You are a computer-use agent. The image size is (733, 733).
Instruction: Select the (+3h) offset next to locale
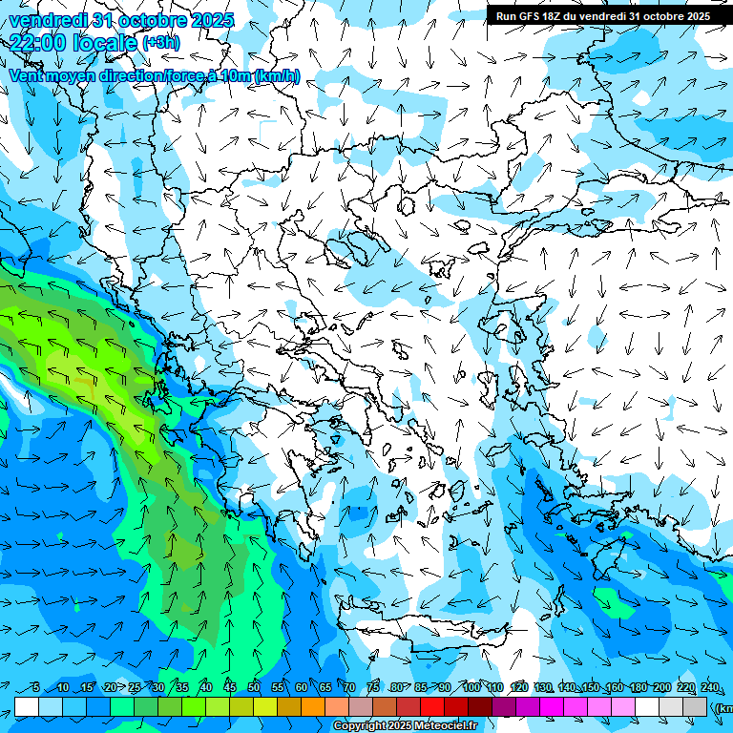point(160,43)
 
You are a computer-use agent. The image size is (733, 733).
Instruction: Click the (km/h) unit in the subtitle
point(277,75)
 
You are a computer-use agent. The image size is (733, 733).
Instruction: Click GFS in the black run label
point(532,16)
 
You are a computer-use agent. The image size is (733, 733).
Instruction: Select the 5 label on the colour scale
point(36,688)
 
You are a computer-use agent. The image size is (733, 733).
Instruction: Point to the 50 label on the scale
point(254,688)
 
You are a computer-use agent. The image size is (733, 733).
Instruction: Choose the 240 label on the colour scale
point(710,688)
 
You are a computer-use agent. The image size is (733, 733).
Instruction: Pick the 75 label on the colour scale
point(373,688)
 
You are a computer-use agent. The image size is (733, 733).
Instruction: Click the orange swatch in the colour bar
point(313,706)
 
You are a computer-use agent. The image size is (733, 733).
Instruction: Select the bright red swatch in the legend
point(432,706)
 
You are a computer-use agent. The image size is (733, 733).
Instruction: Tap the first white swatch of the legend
point(27,706)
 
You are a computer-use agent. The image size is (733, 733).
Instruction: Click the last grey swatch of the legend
point(695,706)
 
